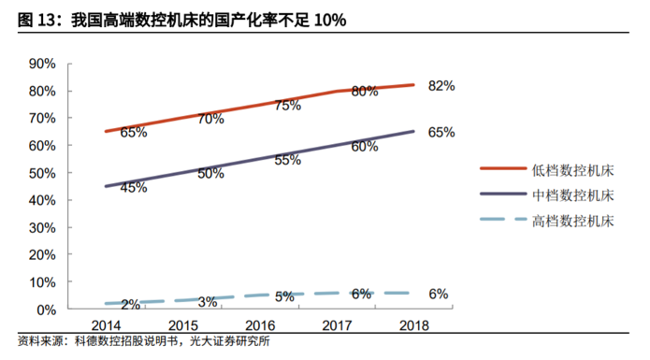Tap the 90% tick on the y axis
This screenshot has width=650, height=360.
pyautogui.click(x=43, y=64)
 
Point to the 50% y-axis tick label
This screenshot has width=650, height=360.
pyautogui.click(x=43, y=173)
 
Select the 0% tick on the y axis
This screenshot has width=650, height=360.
pyautogui.click(x=47, y=310)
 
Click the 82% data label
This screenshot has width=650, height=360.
pyautogui.click(x=441, y=86)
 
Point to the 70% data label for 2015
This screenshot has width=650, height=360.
pyautogui.click(x=210, y=119)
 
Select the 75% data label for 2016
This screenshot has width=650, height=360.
pyautogui.click(x=288, y=106)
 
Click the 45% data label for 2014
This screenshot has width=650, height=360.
pyautogui.click(x=134, y=187)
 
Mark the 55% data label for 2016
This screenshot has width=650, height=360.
pyautogui.click(x=288, y=160)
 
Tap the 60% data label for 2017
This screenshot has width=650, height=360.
pyautogui.click(x=365, y=146)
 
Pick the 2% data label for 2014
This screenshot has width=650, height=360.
pyautogui.click(x=131, y=304)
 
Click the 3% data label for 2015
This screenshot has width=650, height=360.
pyautogui.click(x=208, y=301)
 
